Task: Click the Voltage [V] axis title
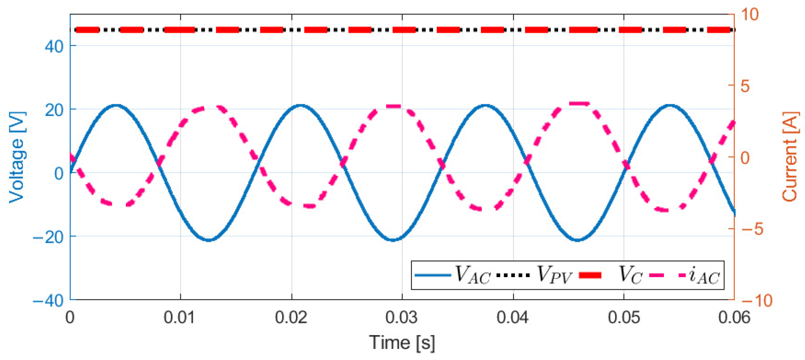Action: pyautogui.click(x=17, y=157)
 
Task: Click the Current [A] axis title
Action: pyautogui.click(x=789, y=157)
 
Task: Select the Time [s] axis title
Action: pyautogui.click(x=402, y=343)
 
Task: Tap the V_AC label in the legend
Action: pyautogui.click(x=473, y=275)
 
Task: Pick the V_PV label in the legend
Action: pyautogui.click(x=554, y=275)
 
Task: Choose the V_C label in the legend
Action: pyautogui.click(x=630, y=275)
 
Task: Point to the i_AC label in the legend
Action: pyautogui.click(x=704, y=275)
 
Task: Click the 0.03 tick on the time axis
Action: pyautogui.click(x=402, y=317)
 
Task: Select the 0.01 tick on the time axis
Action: pyautogui.click(x=180, y=317)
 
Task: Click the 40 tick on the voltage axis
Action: pyautogui.click(x=54, y=46)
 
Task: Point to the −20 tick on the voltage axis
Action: pyautogui.click(x=48, y=237)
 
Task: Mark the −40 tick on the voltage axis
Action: pyautogui.click(x=48, y=301)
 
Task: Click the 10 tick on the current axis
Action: pyautogui.click(x=749, y=15)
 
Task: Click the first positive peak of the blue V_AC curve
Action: pyautogui.click(x=116, y=105)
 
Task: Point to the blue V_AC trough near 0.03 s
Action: pyautogui.click(x=393, y=240)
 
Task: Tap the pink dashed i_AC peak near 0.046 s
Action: pyautogui.click(x=578, y=104)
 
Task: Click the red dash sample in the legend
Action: pyautogui.click(x=590, y=275)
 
